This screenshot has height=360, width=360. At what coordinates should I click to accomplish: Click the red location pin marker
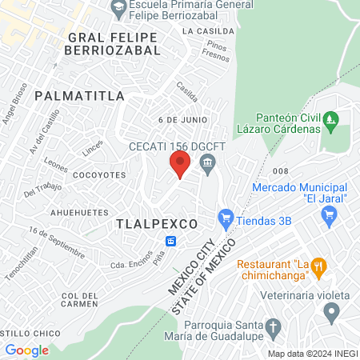coord(180,165)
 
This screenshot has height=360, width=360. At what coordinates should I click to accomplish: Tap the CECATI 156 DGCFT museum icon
coord(209,166)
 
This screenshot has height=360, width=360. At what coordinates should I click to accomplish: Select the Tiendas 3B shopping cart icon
coord(226,217)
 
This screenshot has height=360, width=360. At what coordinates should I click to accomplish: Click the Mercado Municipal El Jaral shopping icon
coord(328,214)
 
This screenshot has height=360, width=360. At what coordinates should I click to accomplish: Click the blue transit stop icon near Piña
coord(171,241)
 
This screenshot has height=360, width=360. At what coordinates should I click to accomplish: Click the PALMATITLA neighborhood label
coord(80,96)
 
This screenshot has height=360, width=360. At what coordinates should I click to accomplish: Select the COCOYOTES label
coord(100,174)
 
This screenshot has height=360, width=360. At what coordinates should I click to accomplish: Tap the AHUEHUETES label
coord(79,212)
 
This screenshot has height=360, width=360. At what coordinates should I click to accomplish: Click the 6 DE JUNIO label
coord(182,119)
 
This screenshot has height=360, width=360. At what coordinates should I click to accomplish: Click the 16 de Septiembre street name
coord(56,242)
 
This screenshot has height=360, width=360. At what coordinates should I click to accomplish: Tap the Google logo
coord(26,350)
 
